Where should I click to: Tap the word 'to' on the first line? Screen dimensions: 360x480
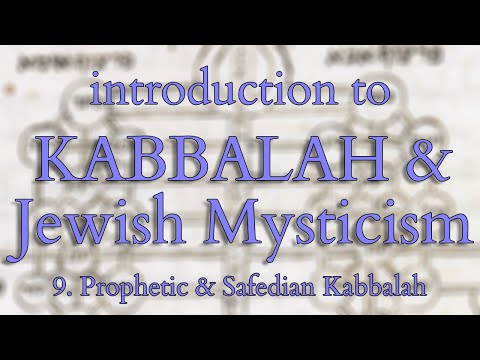(363, 93)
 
